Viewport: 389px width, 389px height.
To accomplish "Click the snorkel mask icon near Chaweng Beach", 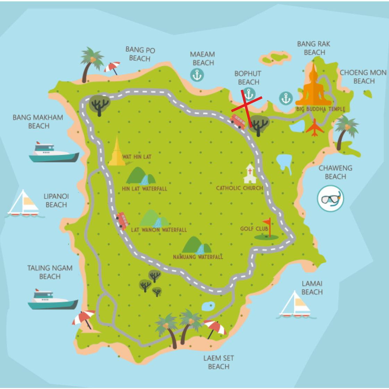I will [330, 199].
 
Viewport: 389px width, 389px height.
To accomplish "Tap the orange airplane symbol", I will [314, 128].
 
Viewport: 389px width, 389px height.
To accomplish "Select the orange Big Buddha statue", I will [314, 87].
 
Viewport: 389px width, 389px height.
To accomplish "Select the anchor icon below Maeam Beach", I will [197, 75].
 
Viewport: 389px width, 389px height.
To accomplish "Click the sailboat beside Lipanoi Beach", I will [24, 204].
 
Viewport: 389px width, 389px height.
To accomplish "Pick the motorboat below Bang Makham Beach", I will [53, 153].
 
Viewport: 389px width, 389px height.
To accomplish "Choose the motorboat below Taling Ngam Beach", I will [53, 299].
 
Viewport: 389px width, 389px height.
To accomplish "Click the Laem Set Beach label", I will [219, 362].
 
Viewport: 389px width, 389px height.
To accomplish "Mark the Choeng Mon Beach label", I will [363, 77].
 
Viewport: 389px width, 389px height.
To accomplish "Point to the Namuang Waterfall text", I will [198, 257].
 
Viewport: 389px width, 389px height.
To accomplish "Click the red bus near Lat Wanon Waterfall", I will [122, 221].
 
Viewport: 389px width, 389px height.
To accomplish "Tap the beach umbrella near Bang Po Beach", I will [112, 68].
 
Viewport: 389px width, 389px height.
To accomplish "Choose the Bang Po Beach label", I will [140, 54].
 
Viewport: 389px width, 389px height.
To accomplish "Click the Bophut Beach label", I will [248, 78].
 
